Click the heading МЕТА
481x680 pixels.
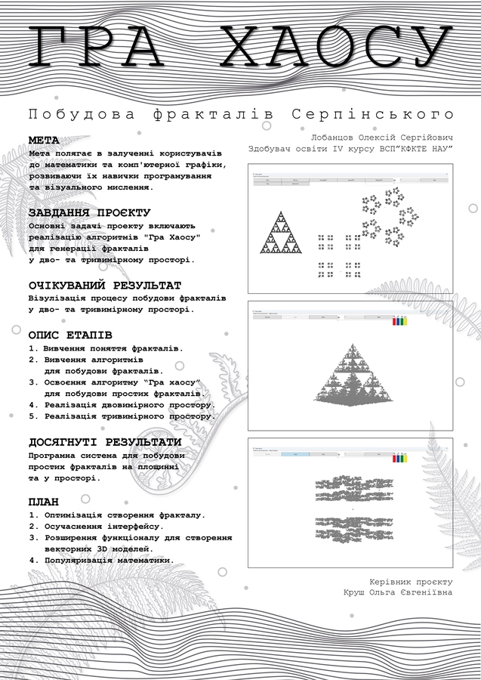44,141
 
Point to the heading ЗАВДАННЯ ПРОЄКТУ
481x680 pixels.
89,213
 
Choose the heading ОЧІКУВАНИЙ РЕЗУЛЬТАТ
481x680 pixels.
104,286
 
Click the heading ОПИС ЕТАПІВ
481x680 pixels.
70,334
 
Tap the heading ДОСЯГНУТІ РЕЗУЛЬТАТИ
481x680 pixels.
104,442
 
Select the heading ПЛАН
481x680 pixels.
44,502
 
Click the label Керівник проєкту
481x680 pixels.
411,582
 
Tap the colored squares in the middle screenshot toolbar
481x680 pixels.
400,321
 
